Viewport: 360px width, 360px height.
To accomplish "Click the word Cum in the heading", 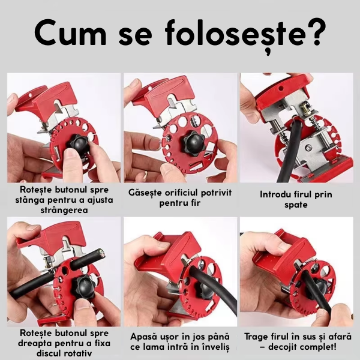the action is [x=71, y=33].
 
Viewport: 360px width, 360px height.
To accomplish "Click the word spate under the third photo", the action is [x=296, y=205].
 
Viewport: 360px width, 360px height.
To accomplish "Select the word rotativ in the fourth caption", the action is [x=77, y=353].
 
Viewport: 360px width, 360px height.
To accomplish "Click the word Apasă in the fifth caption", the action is [x=143, y=337].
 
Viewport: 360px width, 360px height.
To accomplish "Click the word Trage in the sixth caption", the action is [x=258, y=337].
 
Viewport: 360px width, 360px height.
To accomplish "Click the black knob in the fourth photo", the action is [x=83, y=287].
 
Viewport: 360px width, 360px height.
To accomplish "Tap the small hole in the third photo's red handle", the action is [x=280, y=88].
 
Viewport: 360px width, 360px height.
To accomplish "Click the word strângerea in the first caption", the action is [x=64, y=211].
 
